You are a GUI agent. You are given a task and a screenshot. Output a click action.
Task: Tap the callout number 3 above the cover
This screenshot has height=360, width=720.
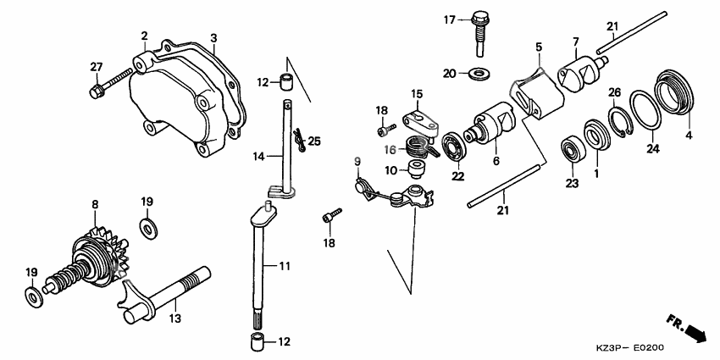pos(213,38)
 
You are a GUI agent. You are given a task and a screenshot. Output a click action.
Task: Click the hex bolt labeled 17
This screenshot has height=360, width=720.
pos(481,30)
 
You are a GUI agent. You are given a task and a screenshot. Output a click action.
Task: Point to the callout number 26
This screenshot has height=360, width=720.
pos(615,91)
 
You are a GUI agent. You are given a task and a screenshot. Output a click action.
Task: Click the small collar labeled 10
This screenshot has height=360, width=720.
pos(416,169)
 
